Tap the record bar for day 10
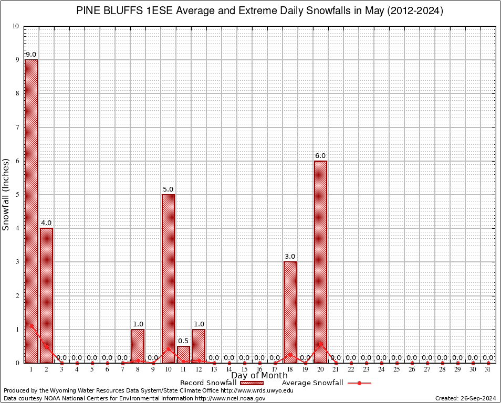coord(168,278)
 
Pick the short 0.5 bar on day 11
coord(183,355)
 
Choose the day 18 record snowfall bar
coord(290,312)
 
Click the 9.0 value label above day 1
coord(31,55)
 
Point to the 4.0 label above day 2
coord(46,223)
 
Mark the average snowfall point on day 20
coord(320,344)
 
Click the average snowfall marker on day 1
coord(31,325)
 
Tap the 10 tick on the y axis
coord(16,26)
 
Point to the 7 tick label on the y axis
coord(17,128)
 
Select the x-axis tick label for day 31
coord(488,369)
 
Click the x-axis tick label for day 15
coord(244,369)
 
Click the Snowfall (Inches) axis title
coord(6,194)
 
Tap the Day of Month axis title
coord(259,376)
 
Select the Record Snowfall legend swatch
coord(252,383)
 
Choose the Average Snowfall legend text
coord(312,383)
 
